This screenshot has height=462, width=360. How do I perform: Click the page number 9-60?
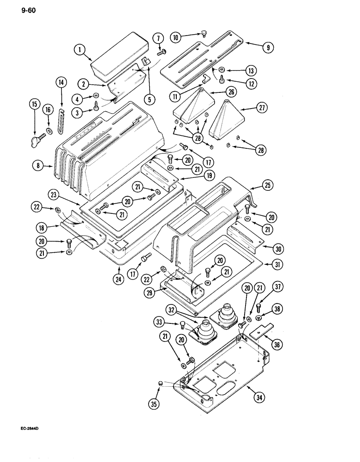click(15, 6)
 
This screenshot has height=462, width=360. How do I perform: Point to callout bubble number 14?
click(61, 83)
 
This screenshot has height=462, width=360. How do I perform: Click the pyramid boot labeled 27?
click(228, 120)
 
